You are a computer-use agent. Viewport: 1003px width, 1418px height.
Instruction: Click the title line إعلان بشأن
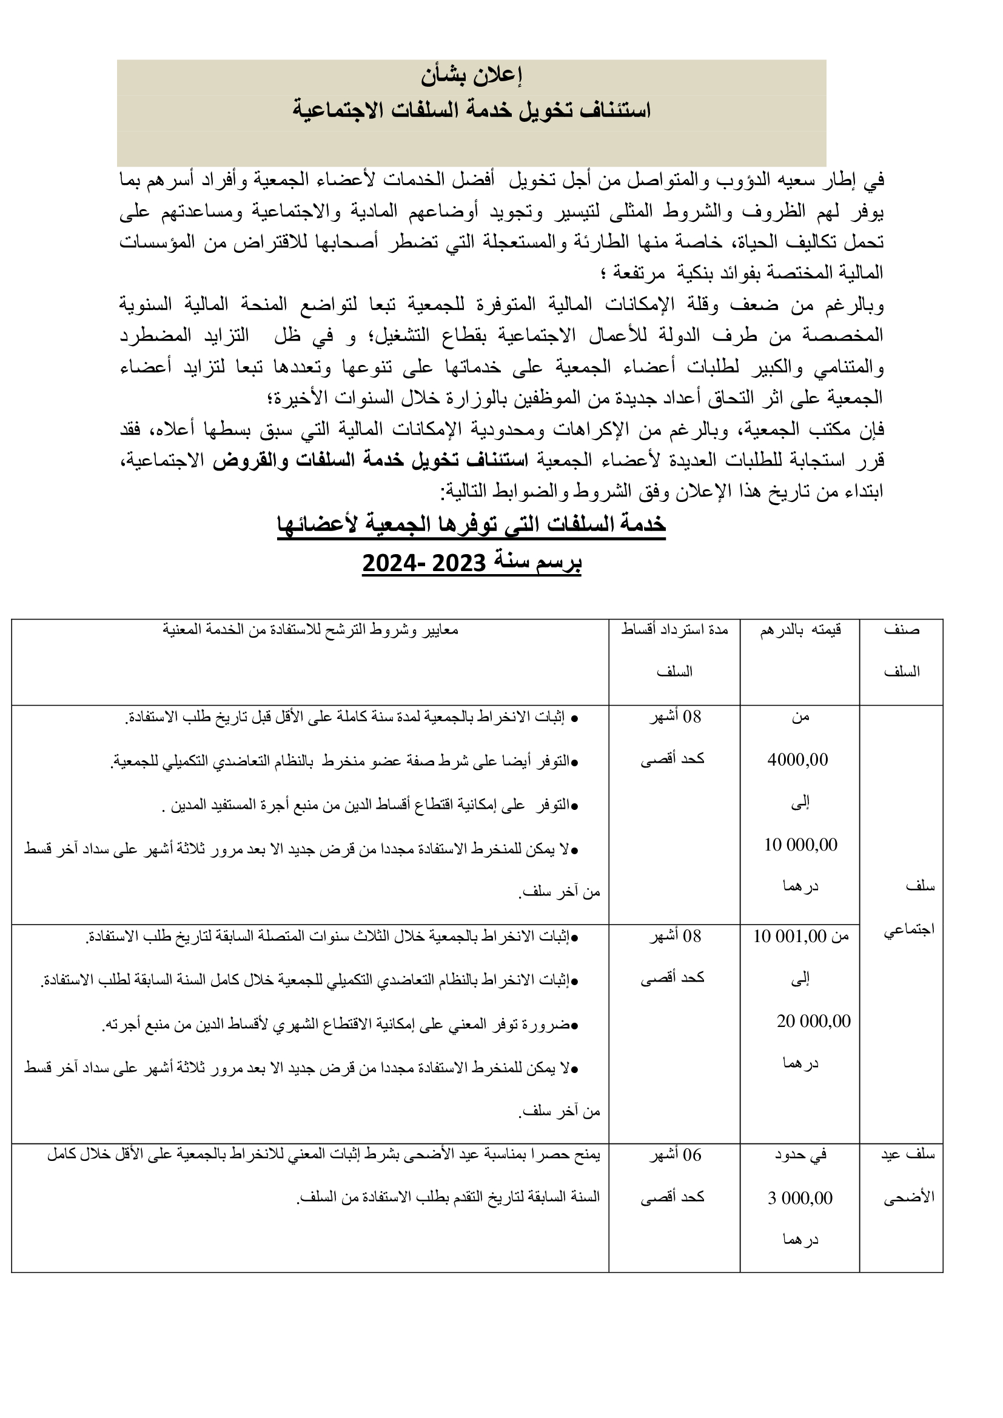(x=472, y=76)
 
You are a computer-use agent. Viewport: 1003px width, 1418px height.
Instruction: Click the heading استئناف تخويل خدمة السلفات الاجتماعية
(x=472, y=110)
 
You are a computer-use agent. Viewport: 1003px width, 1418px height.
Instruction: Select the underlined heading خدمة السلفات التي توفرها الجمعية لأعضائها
(x=471, y=524)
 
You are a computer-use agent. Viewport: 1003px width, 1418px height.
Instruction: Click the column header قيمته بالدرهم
(x=800, y=630)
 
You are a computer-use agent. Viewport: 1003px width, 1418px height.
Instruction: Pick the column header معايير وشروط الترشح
(x=310, y=630)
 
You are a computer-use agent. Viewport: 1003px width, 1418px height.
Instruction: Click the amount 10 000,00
(x=800, y=844)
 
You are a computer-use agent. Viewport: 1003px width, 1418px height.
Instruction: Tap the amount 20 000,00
(x=813, y=1021)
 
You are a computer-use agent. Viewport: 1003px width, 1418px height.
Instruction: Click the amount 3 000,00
(x=800, y=1198)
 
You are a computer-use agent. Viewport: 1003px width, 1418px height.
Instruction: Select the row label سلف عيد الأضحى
(x=908, y=1176)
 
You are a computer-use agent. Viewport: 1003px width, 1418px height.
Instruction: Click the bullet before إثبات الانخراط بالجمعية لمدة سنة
(x=574, y=718)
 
